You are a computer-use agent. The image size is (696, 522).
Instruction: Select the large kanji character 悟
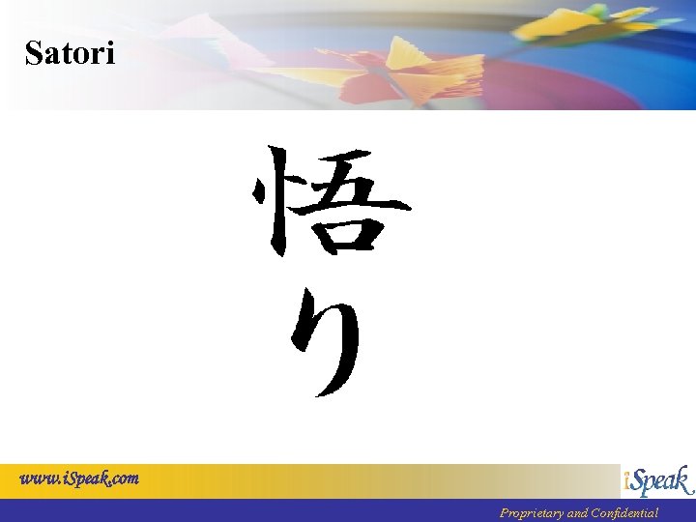pos(330,203)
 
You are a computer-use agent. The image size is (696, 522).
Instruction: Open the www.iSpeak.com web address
pos(80,478)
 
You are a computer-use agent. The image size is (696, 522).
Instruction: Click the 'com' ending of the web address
pos(125,478)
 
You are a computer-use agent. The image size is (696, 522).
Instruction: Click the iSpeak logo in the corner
pos(657,481)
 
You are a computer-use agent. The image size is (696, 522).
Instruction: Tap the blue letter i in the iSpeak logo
pos(628,481)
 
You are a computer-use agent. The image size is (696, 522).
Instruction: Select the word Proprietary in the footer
pos(531,513)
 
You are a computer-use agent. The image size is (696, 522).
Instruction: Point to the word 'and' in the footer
pos(578,513)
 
